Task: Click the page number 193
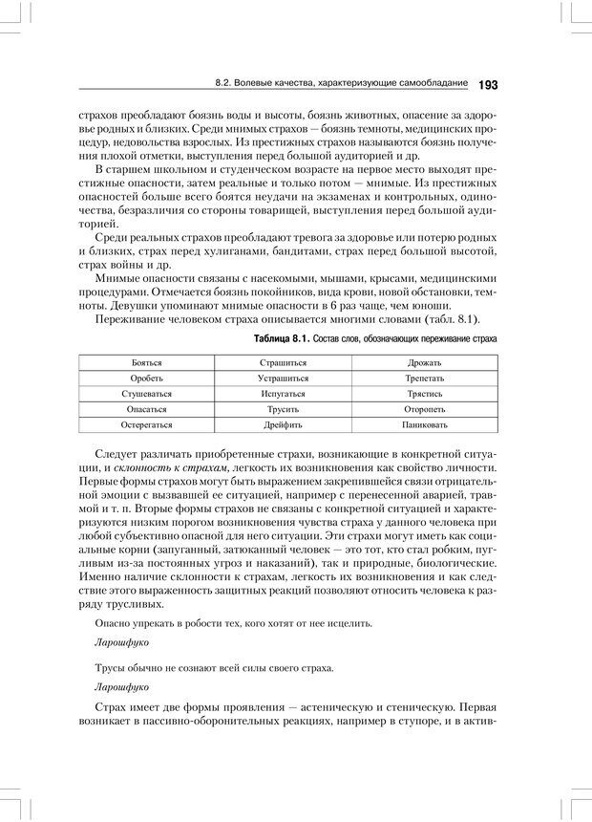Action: click(487, 85)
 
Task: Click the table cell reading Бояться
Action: click(146, 363)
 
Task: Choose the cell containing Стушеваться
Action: click(146, 393)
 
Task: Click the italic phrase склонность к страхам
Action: click(169, 467)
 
